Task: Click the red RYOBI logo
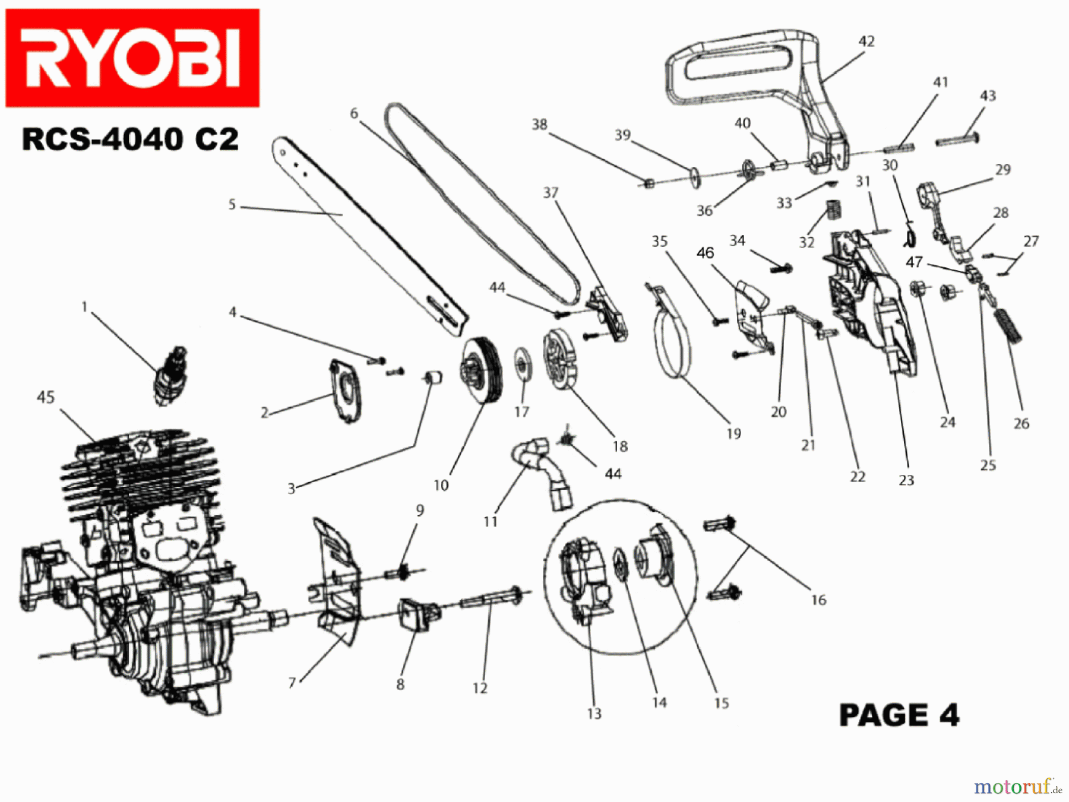(132, 58)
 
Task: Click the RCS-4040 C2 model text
(130, 140)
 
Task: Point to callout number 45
(46, 397)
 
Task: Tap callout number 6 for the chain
(354, 113)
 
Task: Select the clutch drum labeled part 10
(481, 371)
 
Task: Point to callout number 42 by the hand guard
(866, 41)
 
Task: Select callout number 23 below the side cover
(906, 480)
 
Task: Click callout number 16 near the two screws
(818, 600)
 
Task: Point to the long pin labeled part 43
(956, 141)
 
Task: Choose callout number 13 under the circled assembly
(594, 713)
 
